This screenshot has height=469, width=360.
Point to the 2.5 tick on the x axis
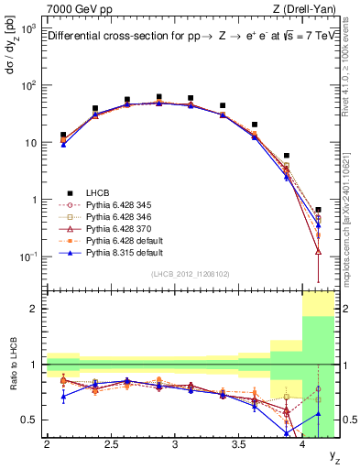(112, 446)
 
